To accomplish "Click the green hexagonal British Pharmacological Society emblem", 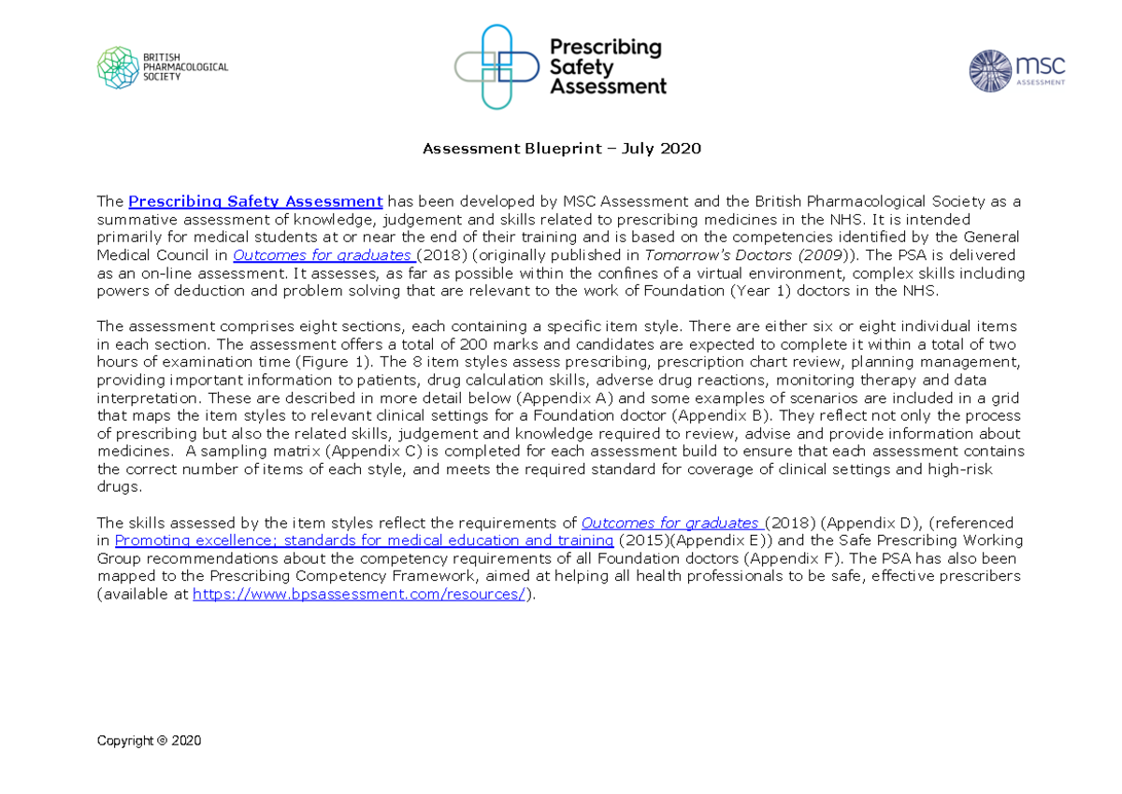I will click(x=118, y=67).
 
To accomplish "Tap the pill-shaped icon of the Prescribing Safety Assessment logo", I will click(x=496, y=66).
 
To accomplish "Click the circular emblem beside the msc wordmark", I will click(x=990, y=71).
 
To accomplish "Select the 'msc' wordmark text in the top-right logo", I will click(x=1040, y=65).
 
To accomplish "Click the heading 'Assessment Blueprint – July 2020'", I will click(x=561, y=149).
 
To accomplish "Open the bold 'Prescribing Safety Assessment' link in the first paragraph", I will click(x=255, y=201).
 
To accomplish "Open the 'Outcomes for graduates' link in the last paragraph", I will click(x=672, y=523).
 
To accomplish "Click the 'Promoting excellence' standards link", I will click(x=364, y=541).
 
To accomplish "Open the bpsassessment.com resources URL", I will click(x=360, y=594).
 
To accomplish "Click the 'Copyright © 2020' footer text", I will click(x=149, y=741).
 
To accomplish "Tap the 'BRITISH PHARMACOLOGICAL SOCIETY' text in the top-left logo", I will click(x=185, y=67).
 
